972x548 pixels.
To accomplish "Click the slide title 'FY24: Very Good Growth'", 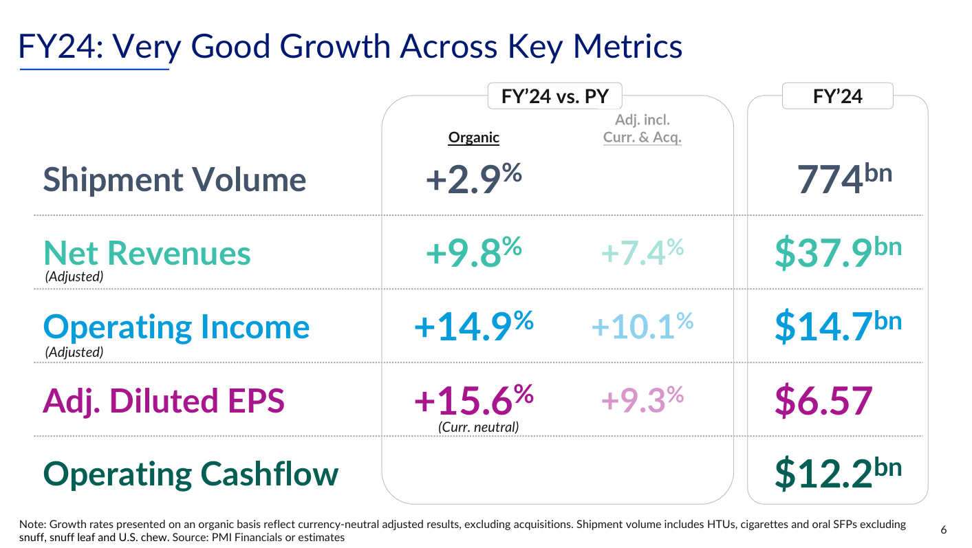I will coord(351,46).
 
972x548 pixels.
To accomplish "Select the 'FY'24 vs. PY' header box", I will coord(555,96).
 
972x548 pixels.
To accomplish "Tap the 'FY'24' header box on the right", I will coord(837,96).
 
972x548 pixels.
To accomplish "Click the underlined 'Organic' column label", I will coord(473,137).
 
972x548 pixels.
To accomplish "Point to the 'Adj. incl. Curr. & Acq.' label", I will coord(642,129).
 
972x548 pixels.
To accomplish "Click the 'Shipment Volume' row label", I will coord(175,180).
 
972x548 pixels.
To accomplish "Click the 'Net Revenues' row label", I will coord(147,253).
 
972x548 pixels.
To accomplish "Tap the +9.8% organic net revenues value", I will coord(473,253).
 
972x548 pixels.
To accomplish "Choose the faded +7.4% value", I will coord(642,253).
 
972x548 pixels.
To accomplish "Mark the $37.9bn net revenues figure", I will coord(837,253).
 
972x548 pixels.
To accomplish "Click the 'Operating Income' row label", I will coord(176,327).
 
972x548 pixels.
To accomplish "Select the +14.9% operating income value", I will coord(473,327).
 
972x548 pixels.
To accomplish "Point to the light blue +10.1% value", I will coord(642,327).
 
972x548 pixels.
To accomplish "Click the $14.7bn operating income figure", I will coord(837,327).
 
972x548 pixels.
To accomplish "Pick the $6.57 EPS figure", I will coord(823,401).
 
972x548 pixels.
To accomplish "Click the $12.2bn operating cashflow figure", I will coord(837,474).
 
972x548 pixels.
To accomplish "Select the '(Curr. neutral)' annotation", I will coord(479,427).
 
